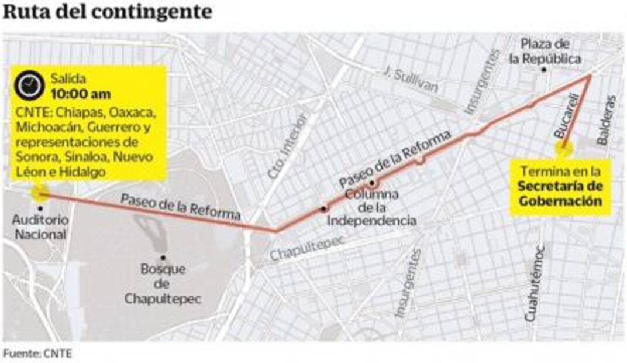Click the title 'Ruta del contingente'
click(107, 12)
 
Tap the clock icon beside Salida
click(28, 85)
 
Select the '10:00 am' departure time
click(80, 94)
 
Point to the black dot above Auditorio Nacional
click(40, 207)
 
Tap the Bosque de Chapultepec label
click(163, 284)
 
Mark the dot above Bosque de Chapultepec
click(163, 257)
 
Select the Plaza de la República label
click(545, 52)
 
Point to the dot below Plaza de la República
click(544, 70)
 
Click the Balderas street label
click(606, 120)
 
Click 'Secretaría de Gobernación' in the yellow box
click(560, 193)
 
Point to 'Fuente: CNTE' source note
click(37, 354)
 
